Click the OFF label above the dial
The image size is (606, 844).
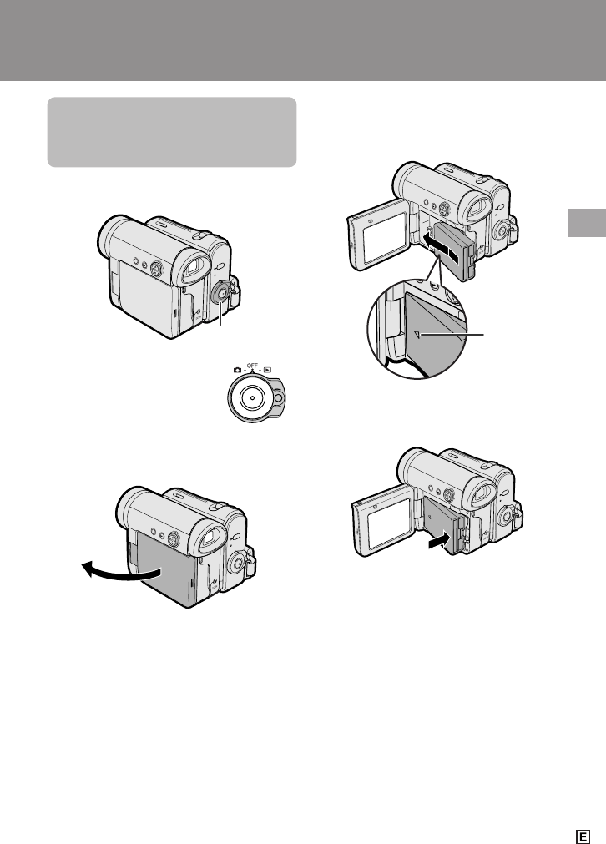pos(252,366)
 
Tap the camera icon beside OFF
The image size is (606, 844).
pos(237,371)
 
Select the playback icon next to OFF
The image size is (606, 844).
pos(267,371)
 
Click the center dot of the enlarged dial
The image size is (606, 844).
pos(251,397)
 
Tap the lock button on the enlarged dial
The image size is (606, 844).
pos(278,398)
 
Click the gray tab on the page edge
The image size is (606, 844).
pos(587,222)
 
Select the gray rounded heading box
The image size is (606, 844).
pos(172,132)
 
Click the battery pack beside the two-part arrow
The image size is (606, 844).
pos(455,250)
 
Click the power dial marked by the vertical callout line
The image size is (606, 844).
pos(220,294)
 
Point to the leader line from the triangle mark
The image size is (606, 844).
pos(452,335)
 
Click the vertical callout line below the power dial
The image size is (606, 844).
pos(220,315)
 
